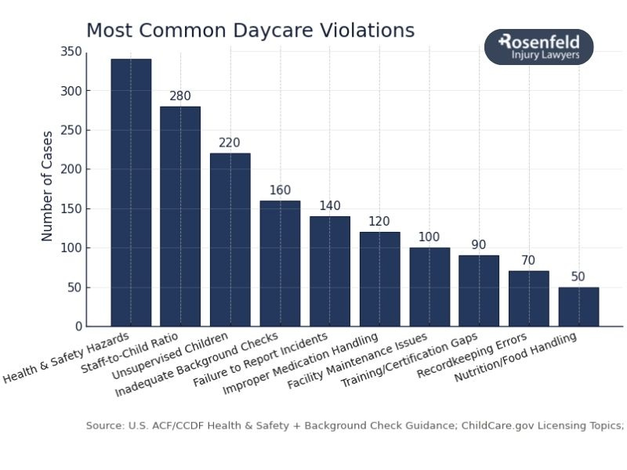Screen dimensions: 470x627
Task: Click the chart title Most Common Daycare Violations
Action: tap(250, 31)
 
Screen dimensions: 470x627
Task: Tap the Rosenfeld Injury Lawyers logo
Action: tap(538, 47)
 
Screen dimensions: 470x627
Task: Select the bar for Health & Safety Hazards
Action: tap(131, 193)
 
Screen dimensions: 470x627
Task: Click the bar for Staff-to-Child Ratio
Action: tap(180, 216)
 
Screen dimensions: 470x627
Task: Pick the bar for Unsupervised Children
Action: tap(230, 240)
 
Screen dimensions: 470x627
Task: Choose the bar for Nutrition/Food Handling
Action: tap(578, 306)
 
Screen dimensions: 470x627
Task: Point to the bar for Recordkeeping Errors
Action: tap(529, 298)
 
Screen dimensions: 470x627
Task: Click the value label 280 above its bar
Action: tap(180, 96)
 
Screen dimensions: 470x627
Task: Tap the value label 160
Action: tap(280, 190)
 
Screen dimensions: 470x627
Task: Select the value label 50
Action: tap(578, 277)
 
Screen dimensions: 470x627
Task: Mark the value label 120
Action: tap(379, 222)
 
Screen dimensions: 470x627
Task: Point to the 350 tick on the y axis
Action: tap(71, 52)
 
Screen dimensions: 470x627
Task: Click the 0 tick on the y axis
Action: tap(78, 327)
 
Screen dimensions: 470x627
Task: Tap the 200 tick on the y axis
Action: tap(71, 169)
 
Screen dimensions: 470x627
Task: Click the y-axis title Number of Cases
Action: tap(48, 186)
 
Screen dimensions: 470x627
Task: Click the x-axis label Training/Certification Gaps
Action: tap(409, 360)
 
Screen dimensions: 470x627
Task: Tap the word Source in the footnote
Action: tap(103, 425)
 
